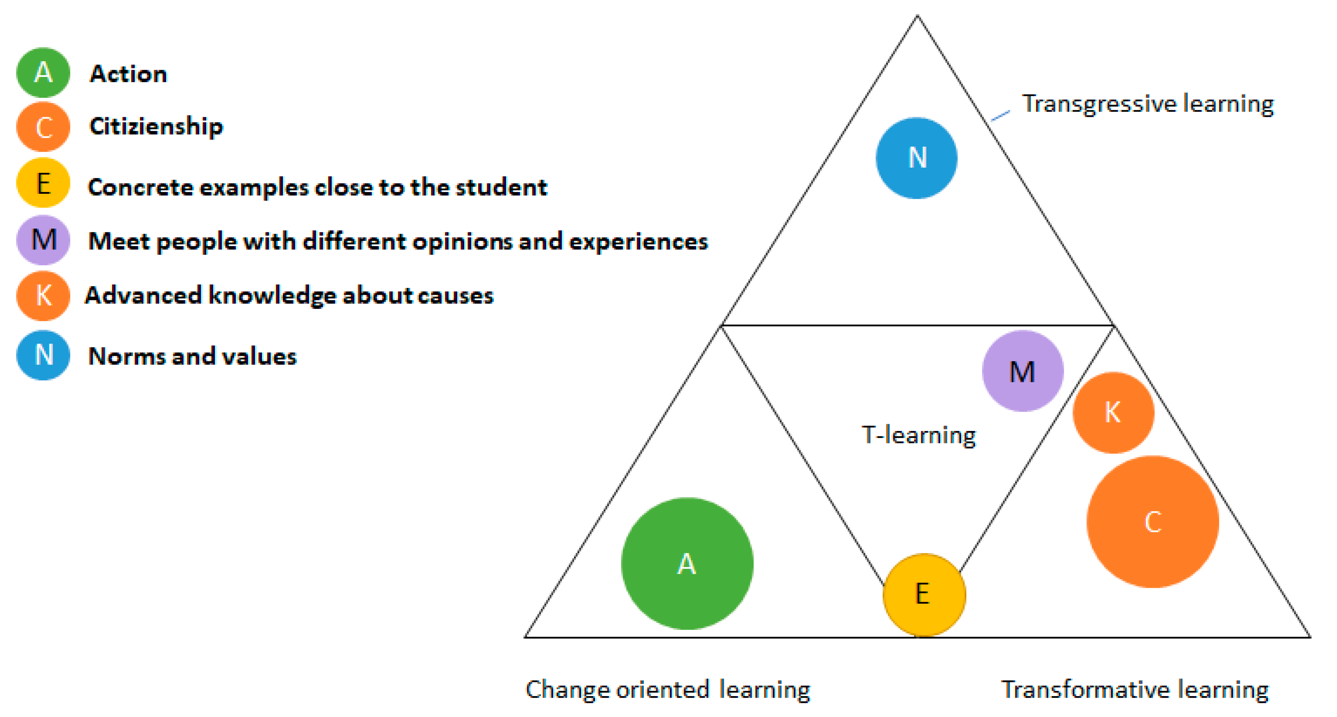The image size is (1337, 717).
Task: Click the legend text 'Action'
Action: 128,74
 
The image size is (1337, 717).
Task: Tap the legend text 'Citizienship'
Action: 156,126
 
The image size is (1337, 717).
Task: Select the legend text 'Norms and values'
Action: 192,356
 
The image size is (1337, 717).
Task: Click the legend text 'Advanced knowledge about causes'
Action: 289,295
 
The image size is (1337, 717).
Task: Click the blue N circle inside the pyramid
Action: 917,158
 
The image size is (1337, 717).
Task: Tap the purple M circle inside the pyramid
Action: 1022,371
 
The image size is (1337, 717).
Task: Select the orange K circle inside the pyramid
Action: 1113,412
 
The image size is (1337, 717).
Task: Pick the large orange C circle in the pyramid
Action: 1153,522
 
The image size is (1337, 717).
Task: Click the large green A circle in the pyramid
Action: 687,563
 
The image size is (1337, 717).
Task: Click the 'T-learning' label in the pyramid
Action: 918,435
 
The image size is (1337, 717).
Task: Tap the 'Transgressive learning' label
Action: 1147,104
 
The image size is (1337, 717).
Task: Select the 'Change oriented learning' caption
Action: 667,689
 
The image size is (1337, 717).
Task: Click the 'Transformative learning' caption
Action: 1135,689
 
